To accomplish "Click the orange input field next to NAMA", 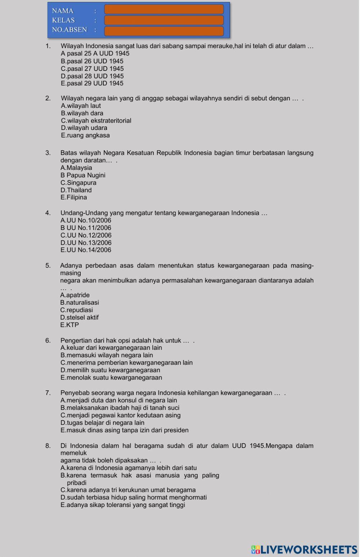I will click(x=164, y=9).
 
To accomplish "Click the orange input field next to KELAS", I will click(x=164, y=20).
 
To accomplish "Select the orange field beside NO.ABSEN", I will click(x=164, y=31).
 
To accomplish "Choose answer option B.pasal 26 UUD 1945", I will click(x=92, y=61).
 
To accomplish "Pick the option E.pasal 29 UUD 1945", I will click(x=92, y=83).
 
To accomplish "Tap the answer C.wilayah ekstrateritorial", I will click(x=96, y=121).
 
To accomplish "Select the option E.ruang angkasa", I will click(x=85, y=135).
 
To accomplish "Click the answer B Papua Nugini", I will click(x=83, y=175).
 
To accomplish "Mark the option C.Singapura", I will click(x=78, y=183).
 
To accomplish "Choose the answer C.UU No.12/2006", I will click(x=86, y=235).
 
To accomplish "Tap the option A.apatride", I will click(x=75, y=295).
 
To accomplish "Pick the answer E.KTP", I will click(x=69, y=325).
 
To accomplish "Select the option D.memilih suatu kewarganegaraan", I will click(x=111, y=370).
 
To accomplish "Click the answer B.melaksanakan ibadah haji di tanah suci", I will click(x=120, y=408).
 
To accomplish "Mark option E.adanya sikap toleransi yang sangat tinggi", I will click(x=123, y=505).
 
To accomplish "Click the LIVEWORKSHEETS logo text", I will click(x=305, y=549).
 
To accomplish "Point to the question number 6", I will click(x=48, y=340).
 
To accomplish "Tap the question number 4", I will click(x=48, y=213).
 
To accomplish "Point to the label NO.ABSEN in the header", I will click(x=69, y=30).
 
